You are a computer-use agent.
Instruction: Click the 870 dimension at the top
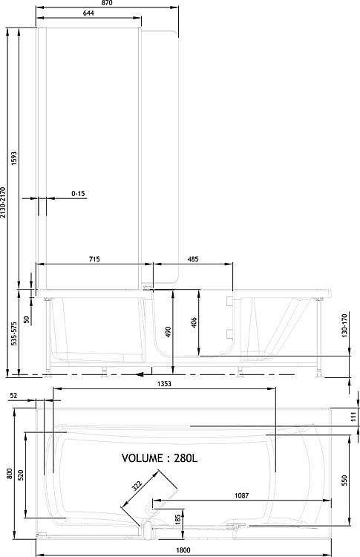(107, 3)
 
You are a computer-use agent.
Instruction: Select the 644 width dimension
(88, 13)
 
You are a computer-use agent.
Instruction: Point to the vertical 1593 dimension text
(14, 159)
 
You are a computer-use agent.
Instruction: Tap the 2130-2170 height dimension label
(3, 202)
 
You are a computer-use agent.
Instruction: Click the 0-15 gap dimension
(78, 194)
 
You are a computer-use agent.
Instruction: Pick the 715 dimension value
(94, 259)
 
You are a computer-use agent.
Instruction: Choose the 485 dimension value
(193, 259)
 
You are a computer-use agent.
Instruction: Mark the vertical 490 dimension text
(168, 332)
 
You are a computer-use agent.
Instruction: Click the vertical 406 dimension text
(194, 322)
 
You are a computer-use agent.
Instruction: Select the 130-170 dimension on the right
(344, 325)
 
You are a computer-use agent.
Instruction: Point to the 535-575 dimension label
(14, 334)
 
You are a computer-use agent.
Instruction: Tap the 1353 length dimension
(164, 384)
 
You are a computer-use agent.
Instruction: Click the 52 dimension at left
(13, 395)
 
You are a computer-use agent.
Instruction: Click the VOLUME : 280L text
(160, 458)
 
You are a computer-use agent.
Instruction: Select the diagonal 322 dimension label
(137, 485)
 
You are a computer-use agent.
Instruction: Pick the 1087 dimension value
(242, 495)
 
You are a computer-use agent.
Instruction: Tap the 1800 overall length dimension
(183, 550)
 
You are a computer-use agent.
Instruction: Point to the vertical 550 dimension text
(344, 481)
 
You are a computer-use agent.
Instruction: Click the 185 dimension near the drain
(178, 520)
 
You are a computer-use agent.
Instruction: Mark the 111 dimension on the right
(353, 416)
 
